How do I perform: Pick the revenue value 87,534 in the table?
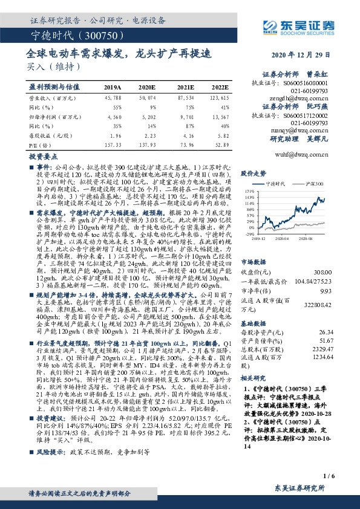pyautogui.click(x=185, y=98)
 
